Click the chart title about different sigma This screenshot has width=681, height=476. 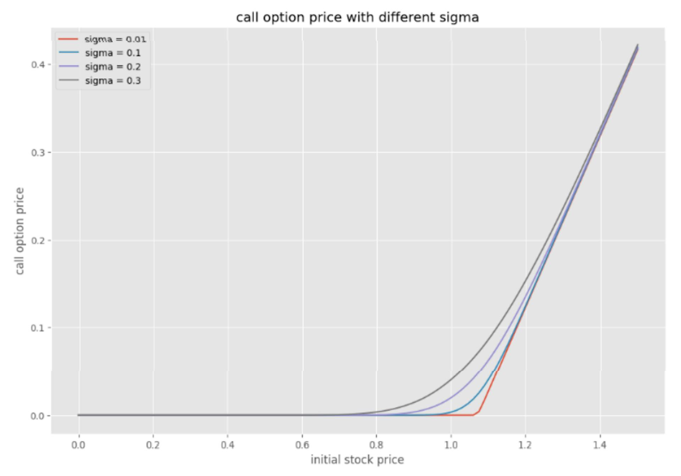coord(357,17)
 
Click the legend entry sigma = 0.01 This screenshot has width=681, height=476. coord(115,39)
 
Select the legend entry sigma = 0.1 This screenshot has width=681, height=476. coord(113,53)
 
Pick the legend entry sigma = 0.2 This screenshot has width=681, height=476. coord(113,67)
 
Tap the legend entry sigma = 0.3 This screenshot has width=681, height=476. coord(113,81)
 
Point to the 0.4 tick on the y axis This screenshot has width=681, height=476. coord(38,65)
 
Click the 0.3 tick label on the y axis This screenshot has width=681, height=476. coord(38,153)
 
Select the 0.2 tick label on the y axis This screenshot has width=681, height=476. coord(38,240)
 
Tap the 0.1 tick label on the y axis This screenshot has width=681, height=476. coord(38,328)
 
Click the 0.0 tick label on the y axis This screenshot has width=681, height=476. coord(38,416)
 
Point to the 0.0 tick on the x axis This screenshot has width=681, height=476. coord(78,445)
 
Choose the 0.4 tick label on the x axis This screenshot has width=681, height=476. coord(227,445)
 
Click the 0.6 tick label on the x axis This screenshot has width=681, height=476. coord(302,445)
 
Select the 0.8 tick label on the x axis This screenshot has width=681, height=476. coord(376,445)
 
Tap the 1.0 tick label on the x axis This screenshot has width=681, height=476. coord(451,445)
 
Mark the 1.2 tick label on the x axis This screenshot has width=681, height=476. coord(525,445)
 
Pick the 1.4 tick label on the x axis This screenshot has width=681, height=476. coord(600,445)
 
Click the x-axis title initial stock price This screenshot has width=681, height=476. coord(357,460)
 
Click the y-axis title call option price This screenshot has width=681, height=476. coord(20,231)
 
